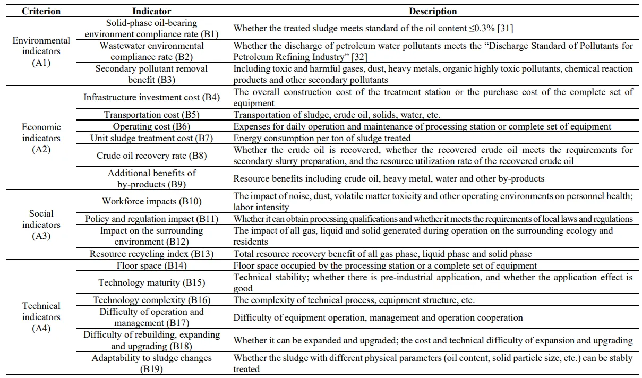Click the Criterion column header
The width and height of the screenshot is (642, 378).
tap(41, 11)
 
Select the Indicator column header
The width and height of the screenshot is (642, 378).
tap(151, 11)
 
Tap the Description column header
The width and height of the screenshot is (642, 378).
tap(433, 11)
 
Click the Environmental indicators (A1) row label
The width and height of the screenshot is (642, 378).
tap(41, 51)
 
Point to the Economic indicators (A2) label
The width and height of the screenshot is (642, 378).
tap(41, 138)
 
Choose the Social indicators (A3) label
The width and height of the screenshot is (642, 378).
tap(41, 225)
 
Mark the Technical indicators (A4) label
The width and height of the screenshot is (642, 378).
tap(41, 317)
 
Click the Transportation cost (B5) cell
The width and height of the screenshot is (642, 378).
tap(151, 115)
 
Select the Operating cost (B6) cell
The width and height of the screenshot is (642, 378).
tap(151, 127)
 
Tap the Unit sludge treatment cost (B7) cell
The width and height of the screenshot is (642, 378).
tap(151, 139)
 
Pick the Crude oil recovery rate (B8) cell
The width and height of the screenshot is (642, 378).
tap(151, 156)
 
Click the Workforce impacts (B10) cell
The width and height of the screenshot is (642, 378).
tap(151, 202)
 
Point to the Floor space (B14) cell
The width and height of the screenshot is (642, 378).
tap(151, 265)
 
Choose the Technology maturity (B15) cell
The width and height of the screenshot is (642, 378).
tap(151, 282)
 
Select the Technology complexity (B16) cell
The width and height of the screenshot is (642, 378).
tap(151, 300)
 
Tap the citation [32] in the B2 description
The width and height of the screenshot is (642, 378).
tap(358, 57)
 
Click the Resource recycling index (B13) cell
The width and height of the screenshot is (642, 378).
tap(151, 254)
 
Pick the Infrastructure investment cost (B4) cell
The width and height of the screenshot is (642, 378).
tap(151, 98)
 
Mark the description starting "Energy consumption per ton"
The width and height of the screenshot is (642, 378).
tap(322, 139)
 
